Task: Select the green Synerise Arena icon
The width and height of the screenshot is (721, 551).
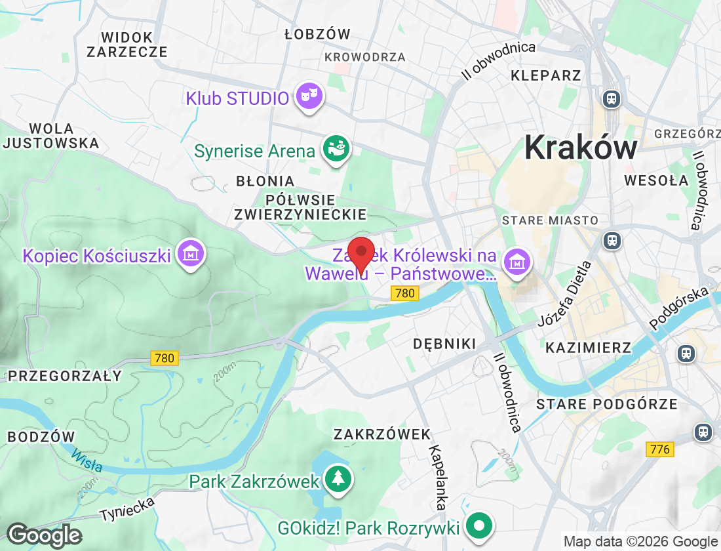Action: pos(336,150)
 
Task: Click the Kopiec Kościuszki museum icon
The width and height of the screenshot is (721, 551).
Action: pos(191,255)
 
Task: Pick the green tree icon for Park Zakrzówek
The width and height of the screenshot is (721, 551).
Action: pos(338,480)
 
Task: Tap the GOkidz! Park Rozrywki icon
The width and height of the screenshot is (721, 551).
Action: pos(480,526)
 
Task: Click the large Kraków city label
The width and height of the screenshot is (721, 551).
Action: pos(581,148)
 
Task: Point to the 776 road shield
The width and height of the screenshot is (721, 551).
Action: pos(659,449)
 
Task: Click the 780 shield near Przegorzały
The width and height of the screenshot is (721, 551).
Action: pos(164,358)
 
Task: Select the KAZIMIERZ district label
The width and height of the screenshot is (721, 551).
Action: pos(588,347)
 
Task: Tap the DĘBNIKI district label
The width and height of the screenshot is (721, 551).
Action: pos(444,344)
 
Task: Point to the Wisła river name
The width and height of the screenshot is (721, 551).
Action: pos(87,460)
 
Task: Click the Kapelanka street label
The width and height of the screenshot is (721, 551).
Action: pos(438,478)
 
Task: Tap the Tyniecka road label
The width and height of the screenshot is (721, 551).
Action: pos(128,508)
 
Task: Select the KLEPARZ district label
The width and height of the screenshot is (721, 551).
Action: pos(546,75)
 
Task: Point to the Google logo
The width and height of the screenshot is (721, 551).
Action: pos(44,535)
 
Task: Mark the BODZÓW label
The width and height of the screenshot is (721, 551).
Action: pos(41,436)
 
